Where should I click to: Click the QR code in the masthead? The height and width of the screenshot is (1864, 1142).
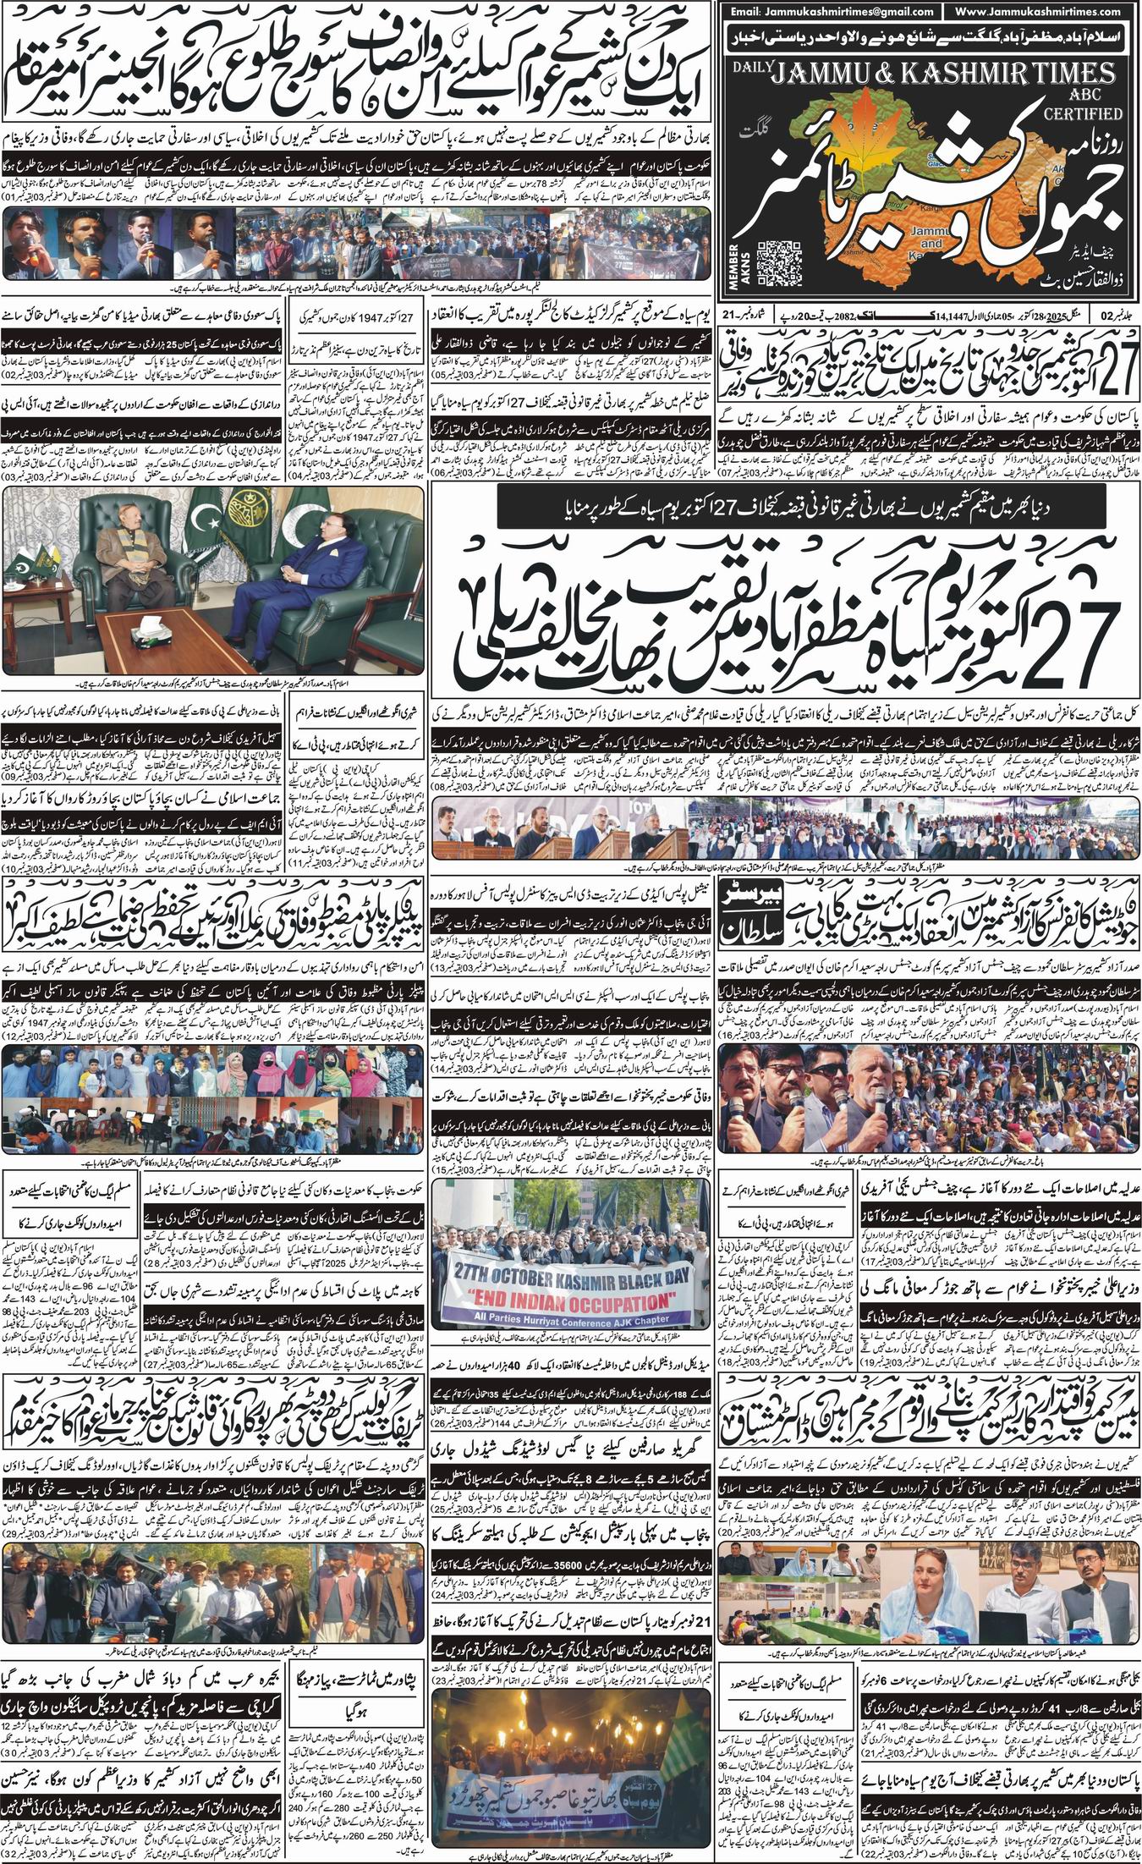pyautogui.click(x=776, y=259)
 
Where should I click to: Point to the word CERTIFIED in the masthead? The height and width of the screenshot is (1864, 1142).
pyautogui.click(x=1087, y=113)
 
